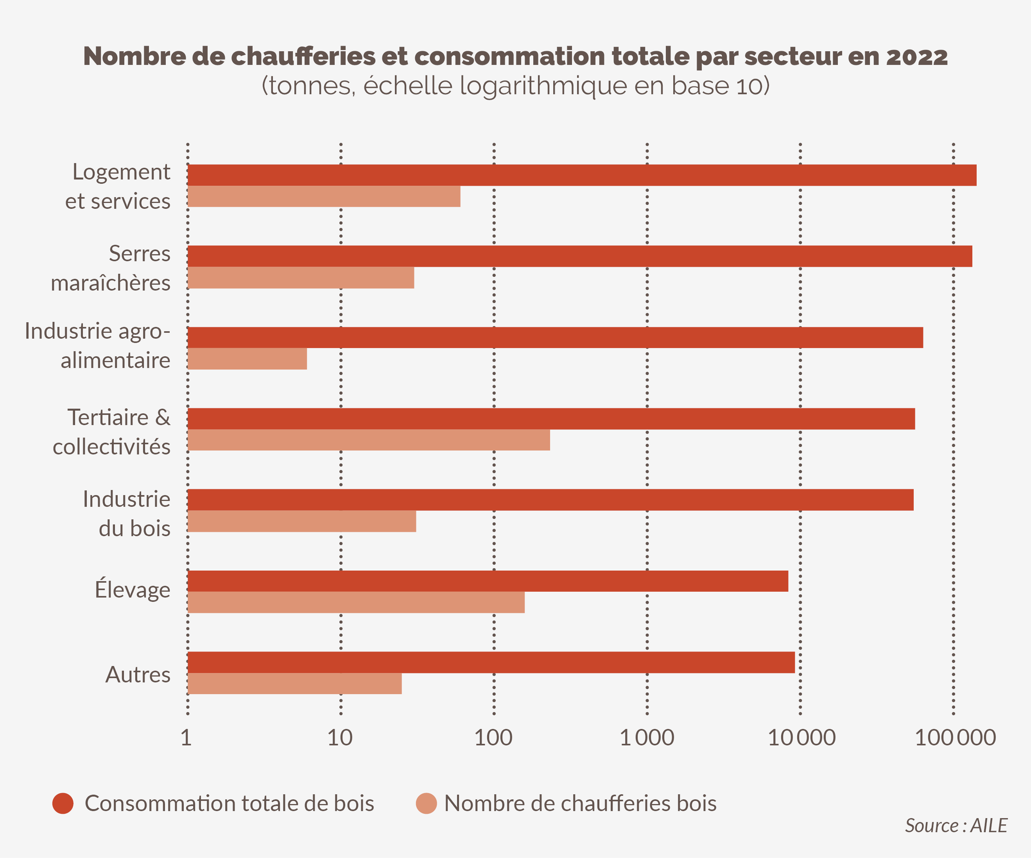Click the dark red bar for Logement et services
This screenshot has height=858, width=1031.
click(x=582, y=175)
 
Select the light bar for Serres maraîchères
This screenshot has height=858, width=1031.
click(x=300, y=278)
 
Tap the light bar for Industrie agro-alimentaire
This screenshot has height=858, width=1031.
click(x=247, y=359)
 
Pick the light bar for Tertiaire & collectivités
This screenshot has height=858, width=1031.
click(x=368, y=440)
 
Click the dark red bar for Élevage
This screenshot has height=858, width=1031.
click(x=488, y=581)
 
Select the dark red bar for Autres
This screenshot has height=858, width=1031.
click(x=491, y=662)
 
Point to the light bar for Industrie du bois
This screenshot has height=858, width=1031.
click(x=301, y=521)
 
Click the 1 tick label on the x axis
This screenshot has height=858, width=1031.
click(x=186, y=738)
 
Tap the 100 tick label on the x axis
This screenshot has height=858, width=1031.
click(x=493, y=738)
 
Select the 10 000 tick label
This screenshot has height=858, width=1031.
click(x=801, y=738)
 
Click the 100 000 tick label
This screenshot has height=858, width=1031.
click(x=955, y=738)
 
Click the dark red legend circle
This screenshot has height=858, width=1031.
click(x=63, y=804)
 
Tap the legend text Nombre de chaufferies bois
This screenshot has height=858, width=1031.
click(x=580, y=804)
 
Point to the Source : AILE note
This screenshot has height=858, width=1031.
click(x=956, y=826)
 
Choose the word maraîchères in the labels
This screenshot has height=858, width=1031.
click(x=111, y=283)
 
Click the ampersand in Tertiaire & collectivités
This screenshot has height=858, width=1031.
click(x=163, y=417)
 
